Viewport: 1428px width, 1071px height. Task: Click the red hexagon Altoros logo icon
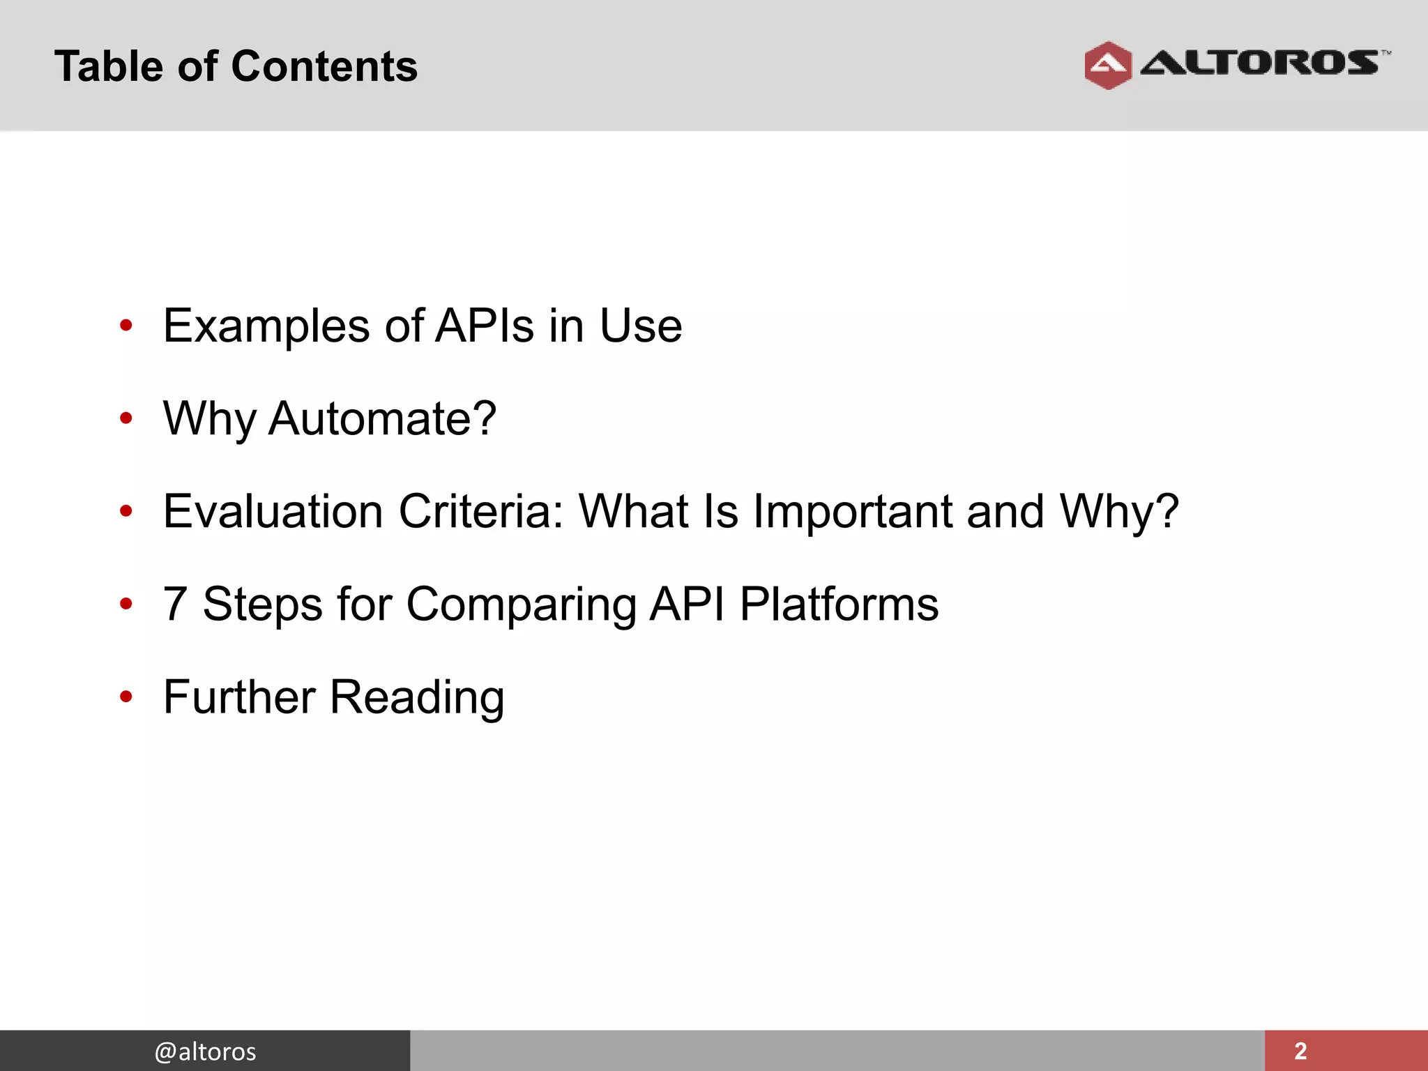1107,66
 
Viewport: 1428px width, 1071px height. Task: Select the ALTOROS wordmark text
1259,63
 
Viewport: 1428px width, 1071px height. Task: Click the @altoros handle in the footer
205,1051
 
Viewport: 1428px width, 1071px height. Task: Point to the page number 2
1300,1051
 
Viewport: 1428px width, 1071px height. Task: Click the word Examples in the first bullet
266,326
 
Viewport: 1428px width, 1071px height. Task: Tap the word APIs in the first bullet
485,326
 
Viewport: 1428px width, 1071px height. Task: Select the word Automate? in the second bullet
382,418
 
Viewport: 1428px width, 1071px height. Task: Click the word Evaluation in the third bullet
273,511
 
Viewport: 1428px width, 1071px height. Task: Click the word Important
852,511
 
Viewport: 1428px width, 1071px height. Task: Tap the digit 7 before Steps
174,604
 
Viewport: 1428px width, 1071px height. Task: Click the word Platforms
839,604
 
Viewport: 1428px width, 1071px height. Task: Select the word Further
239,697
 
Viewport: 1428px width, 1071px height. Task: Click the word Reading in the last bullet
417,698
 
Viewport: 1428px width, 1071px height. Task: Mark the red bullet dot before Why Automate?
126,418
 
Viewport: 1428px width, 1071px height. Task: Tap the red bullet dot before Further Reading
126,697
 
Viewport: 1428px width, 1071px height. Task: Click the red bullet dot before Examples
126,326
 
